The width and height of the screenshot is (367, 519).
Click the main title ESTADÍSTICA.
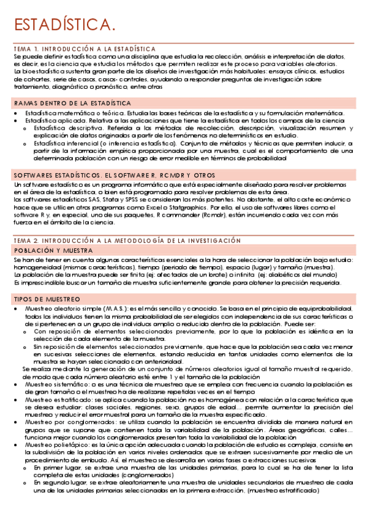tap(64, 25)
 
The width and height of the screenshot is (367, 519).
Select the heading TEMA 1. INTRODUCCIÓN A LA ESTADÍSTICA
tap(84, 48)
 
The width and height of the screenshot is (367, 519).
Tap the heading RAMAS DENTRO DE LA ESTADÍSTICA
tap(72, 103)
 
